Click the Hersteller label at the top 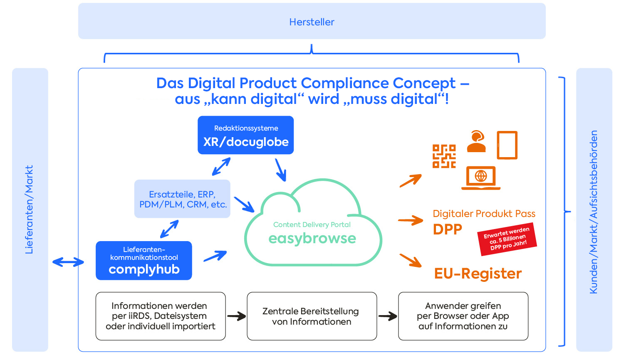click(312, 22)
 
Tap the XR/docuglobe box click(245, 135)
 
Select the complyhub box click(144, 261)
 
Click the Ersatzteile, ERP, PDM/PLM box click(182, 199)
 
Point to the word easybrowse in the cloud click(312, 238)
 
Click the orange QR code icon click(444, 156)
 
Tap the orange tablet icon click(507, 145)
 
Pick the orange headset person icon click(476, 142)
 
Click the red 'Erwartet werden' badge click(507, 239)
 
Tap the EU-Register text click(478, 274)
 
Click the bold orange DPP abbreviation click(448, 229)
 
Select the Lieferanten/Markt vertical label click(29, 210)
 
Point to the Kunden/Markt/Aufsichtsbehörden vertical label click(594, 212)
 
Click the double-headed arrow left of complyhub click(68, 262)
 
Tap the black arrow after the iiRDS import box click(236, 316)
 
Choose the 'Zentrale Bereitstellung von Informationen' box click(312, 316)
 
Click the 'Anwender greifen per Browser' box click(463, 316)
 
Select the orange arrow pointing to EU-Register click(411, 260)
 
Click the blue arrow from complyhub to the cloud click(215, 256)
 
